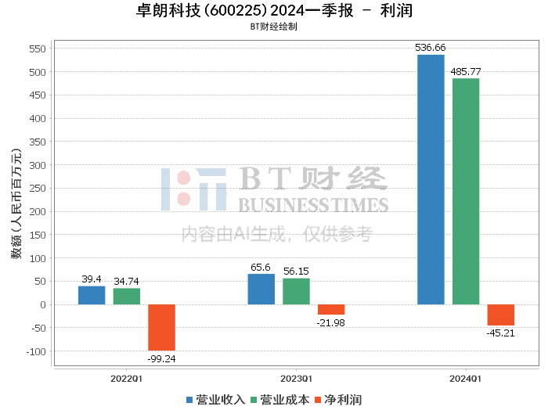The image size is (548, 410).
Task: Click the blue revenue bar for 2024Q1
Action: (x=431, y=179)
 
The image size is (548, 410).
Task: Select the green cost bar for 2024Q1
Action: (x=466, y=192)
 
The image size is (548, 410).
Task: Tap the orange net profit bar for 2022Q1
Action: (x=161, y=328)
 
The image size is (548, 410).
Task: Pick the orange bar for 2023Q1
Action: (x=331, y=309)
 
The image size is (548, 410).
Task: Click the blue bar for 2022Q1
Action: (x=92, y=296)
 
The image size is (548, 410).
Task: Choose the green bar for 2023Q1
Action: (x=296, y=292)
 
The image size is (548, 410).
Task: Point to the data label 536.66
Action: (x=431, y=48)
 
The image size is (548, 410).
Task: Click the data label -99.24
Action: (x=161, y=358)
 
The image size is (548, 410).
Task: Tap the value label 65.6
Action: (x=261, y=268)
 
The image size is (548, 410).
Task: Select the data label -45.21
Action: (x=500, y=333)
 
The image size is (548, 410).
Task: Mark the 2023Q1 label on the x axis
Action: (x=296, y=379)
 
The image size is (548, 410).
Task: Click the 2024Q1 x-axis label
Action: (x=465, y=379)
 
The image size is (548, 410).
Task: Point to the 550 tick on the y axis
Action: (x=38, y=49)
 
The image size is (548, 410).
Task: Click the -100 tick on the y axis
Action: (x=36, y=351)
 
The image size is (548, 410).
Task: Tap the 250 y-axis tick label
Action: (x=38, y=189)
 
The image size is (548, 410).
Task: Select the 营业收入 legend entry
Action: (x=215, y=400)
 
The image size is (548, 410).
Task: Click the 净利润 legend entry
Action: (x=338, y=400)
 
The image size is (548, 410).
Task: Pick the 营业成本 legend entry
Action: (x=280, y=400)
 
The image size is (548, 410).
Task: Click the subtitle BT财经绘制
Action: (x=274, y=27)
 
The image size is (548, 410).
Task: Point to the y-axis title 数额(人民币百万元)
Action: (x=16, y=203)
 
